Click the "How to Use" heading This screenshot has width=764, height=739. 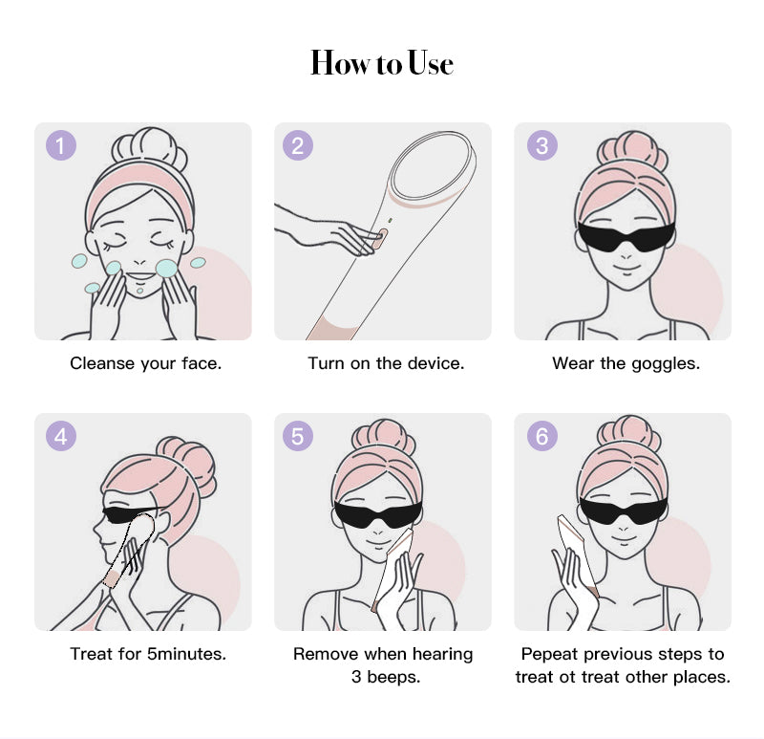(x=382, y=64)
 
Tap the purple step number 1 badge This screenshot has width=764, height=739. (x=61, y=145)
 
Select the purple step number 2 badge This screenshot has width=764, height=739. (x=298, y=145)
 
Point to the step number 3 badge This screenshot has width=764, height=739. (x=542, y=145)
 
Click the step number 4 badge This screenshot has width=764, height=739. (x=61, y=437)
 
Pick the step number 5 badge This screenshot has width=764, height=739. (x=298, y=437)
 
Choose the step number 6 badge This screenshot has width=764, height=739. (x=542, y=437)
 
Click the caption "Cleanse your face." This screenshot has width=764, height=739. (x=145, y=364)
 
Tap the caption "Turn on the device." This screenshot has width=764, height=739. (x=386, y=364)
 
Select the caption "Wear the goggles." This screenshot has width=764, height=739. (x=626, y=364)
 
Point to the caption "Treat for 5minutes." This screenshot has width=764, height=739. (x=148, y=655)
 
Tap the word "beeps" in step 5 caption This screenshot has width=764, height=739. (x=393, y=678)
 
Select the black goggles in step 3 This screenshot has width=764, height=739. (x=626, y=234)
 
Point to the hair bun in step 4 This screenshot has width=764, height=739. (x=185, y=459)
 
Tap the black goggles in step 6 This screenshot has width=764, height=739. (x=626, y=510)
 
